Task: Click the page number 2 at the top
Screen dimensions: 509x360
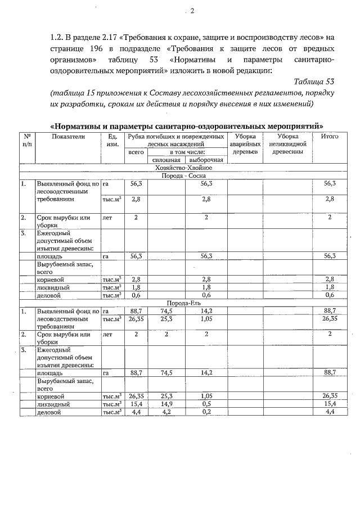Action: coord(192,11)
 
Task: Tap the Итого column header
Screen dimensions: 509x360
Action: coord(329,137)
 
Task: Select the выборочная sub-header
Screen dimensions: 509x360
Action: coord(205,160)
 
